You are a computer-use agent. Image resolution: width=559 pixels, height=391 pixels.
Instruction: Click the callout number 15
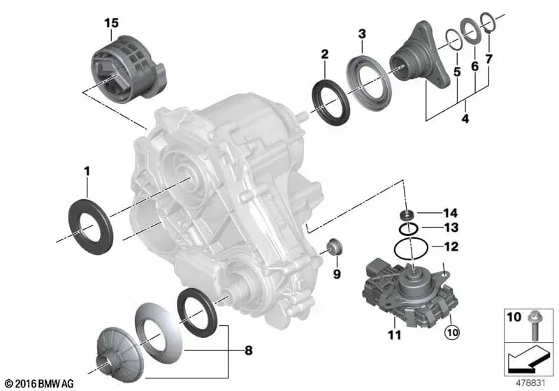(x=111, y=23)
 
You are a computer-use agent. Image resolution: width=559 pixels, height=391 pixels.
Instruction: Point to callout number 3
(x=362, y=34)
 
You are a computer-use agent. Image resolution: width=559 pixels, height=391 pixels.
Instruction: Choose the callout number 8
(x=249, y=351)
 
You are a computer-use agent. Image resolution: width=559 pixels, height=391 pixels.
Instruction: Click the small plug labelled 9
(x=335, y=247)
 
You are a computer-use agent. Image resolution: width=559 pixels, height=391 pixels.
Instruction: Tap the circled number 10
(x=452, y=332)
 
